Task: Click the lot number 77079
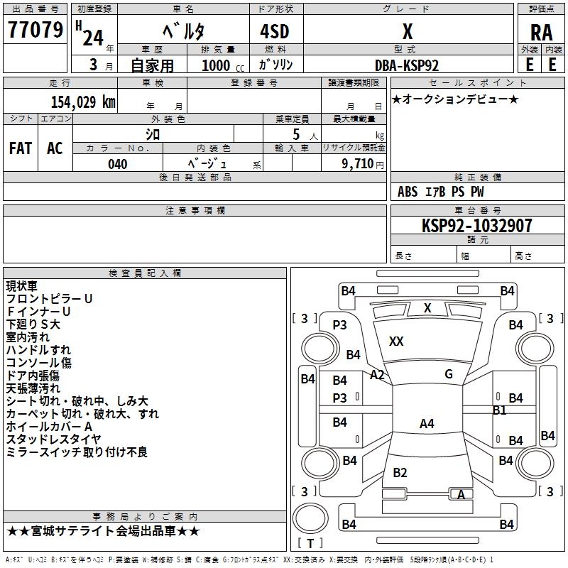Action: [34, 30]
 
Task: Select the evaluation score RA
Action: [541, 33]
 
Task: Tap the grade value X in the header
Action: [407, 31]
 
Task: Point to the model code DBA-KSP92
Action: [407, 65]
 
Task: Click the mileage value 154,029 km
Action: [83, 102]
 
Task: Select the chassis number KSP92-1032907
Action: [476, 226]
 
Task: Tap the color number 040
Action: [117, 164]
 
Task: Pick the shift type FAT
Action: [20, 148]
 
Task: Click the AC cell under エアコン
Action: [55, 148]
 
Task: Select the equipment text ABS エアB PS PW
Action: [441, 192]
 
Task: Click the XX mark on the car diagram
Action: [396, 342]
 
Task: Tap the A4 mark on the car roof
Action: [427, 424]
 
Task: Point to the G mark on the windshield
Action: [449, 374]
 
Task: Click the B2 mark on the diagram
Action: [400, 473]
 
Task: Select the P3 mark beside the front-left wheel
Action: [340, 324]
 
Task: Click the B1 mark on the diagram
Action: [500, 410]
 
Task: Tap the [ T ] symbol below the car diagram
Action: [310, 544]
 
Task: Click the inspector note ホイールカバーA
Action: [49, 427]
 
